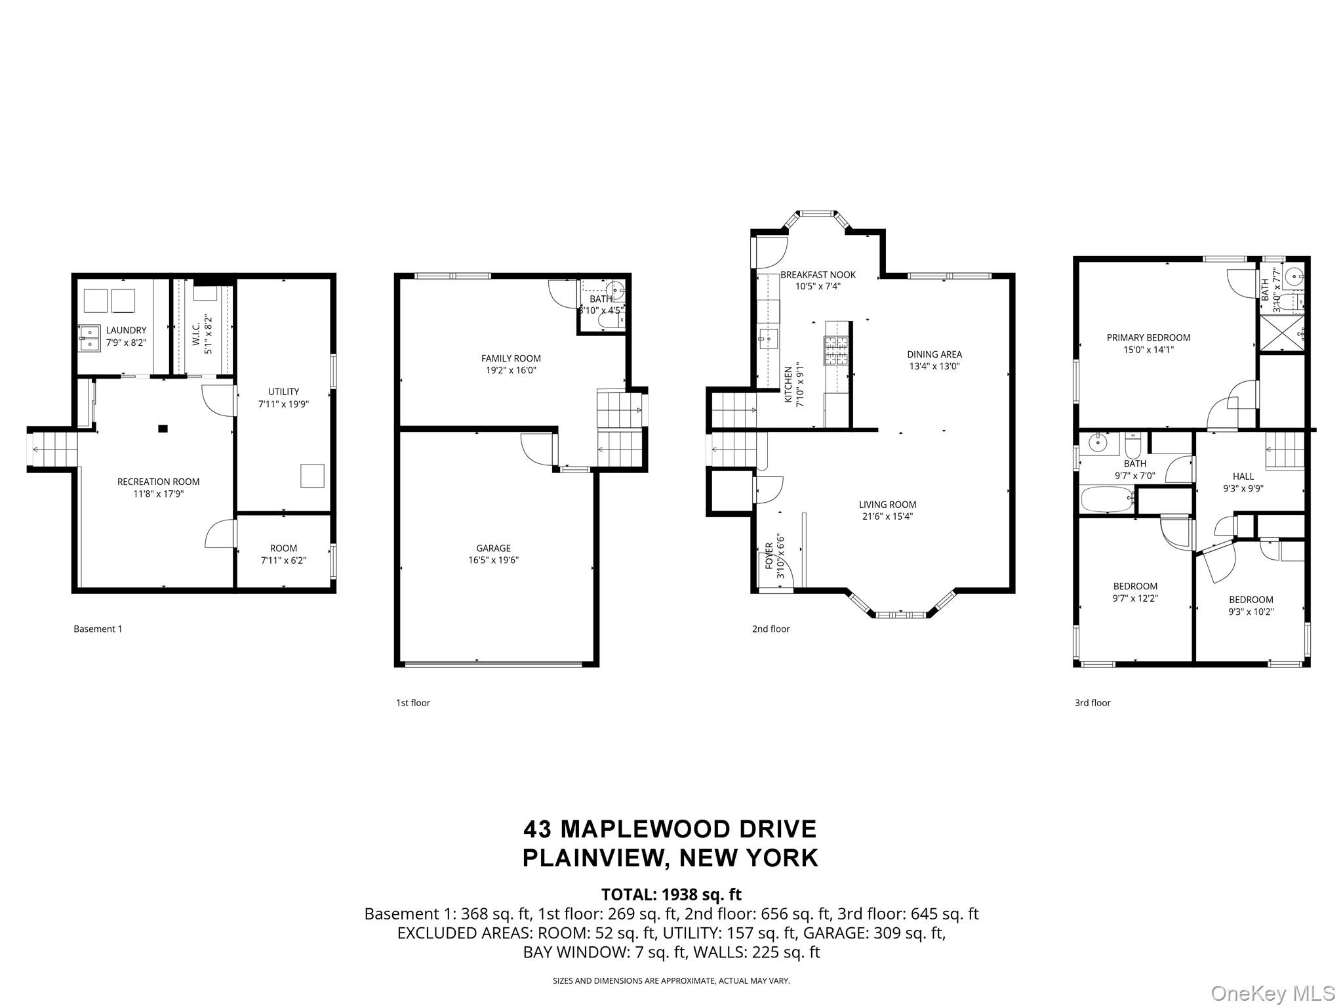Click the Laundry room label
coord(127,330)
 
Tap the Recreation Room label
coord(158,482)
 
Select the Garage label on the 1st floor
coord(493,548)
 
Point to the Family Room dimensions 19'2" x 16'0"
coord(511,371)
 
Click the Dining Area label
coord(934,354)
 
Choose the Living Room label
coord(887,505)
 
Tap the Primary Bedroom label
coord(1148,338)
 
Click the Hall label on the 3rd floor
coord(1243,476)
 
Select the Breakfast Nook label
coord(818,275)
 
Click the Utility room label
coord(283,392)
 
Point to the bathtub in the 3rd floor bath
coord(1107,499)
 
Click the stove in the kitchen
coord(837,350)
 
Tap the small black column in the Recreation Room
coord(163,429)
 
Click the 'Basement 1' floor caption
coord(98,629)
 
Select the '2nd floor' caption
coord(771,629)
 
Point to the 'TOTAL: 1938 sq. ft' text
coord(671,894)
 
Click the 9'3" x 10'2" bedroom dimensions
coord(1251,612)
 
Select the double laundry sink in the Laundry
coord(89,338)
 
